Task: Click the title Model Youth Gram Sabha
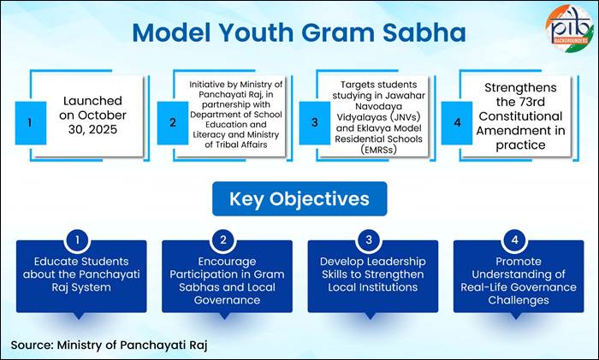pos(299,33)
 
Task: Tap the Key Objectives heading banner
pos(299,198)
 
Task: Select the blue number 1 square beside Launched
pos(30,122)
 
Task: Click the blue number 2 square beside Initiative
pos(173,122)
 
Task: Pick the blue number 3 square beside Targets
pos(315,122)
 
